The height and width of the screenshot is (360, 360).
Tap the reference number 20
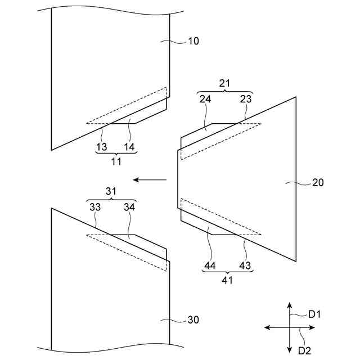coord(317,183)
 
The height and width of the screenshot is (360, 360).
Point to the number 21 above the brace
coord(225,83)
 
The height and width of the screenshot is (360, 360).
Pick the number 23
coord(246,99)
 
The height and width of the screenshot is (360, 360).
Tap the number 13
coord(101,147)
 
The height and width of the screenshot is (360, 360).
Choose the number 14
coord(129,147)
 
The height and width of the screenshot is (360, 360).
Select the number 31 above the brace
coord(112,191)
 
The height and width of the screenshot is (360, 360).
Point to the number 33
coord(95,207)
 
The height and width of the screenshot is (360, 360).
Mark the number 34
coord(129,207)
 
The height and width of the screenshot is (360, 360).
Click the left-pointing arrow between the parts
coord(150,180)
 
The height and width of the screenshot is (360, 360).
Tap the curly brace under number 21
coord(225,92)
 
